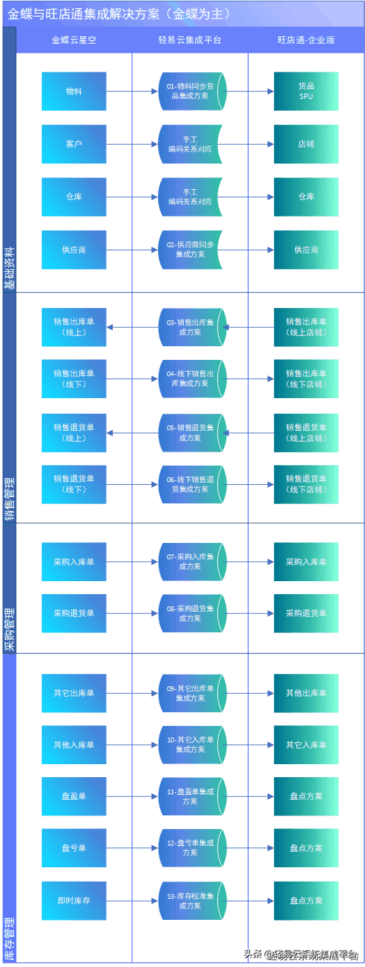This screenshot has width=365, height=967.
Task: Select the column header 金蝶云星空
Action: [74, 40]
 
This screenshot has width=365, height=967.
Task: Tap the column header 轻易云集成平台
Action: [190, 40]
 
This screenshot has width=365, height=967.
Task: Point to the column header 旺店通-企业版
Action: [306, 40]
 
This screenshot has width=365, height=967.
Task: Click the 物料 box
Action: [74, 92]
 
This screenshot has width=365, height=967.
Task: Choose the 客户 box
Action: [74, 144]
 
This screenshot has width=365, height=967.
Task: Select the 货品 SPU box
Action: [306, 92]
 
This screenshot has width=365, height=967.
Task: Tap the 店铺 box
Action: [306, 144]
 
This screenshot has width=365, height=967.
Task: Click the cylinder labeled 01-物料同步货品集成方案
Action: [191, 92]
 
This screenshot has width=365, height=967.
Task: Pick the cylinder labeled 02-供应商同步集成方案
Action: [191, 250]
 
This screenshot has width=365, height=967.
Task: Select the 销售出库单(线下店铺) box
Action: [306, 379]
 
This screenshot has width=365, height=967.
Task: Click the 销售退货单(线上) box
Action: [74, 433]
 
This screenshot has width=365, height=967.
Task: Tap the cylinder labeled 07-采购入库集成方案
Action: [191, 562]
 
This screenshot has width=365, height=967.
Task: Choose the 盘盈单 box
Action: [74, 796]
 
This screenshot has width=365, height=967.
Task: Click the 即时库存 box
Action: [74, 901]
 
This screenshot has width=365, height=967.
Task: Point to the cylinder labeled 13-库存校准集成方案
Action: [191, 901]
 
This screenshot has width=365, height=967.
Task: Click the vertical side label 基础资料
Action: [10, 267]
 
